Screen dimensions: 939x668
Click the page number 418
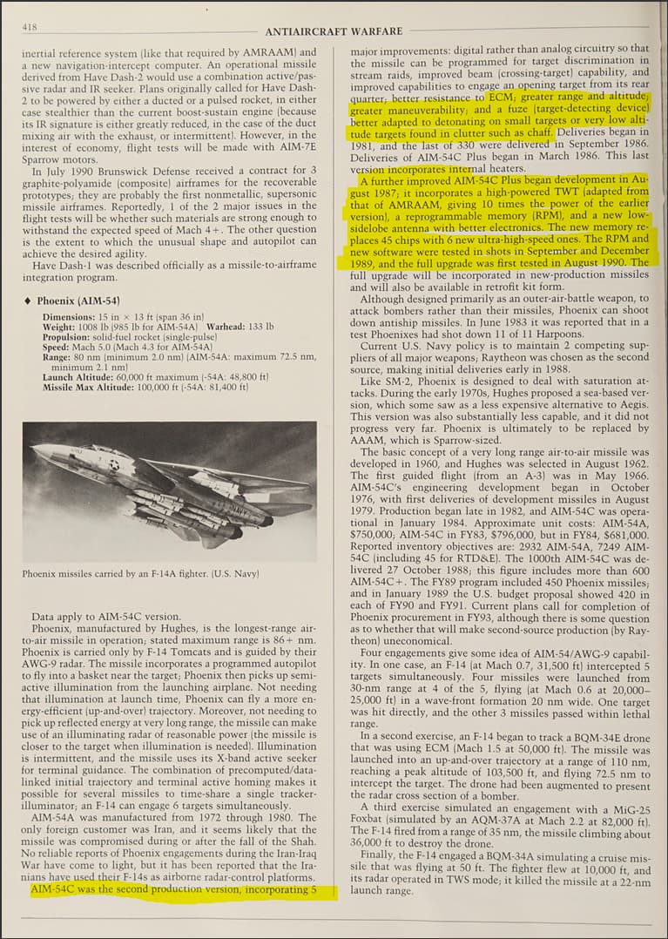(x=30, y=28)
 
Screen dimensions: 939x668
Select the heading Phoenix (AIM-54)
(x=78, y=301)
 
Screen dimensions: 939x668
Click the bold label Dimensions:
(x=69, y=317)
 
